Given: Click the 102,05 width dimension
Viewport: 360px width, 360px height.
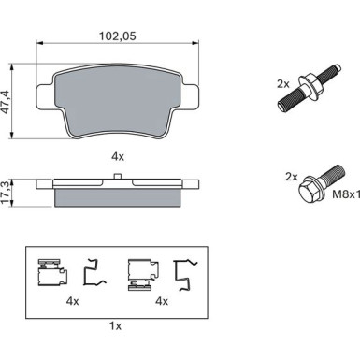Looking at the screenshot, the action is (x=118, y=36).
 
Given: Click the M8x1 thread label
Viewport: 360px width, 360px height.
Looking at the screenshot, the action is (x=346, y=194).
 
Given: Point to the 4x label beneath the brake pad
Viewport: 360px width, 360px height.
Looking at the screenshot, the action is (x=118, y=156).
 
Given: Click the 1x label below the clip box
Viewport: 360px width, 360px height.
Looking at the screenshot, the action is (x=115, y=326).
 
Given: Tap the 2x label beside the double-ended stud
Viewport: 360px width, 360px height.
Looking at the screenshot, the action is (x=283, y=84).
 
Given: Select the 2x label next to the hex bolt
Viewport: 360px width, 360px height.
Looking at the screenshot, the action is (x=292, y=177).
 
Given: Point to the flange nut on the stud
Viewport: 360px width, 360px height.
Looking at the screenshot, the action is (x=310, y=85).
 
